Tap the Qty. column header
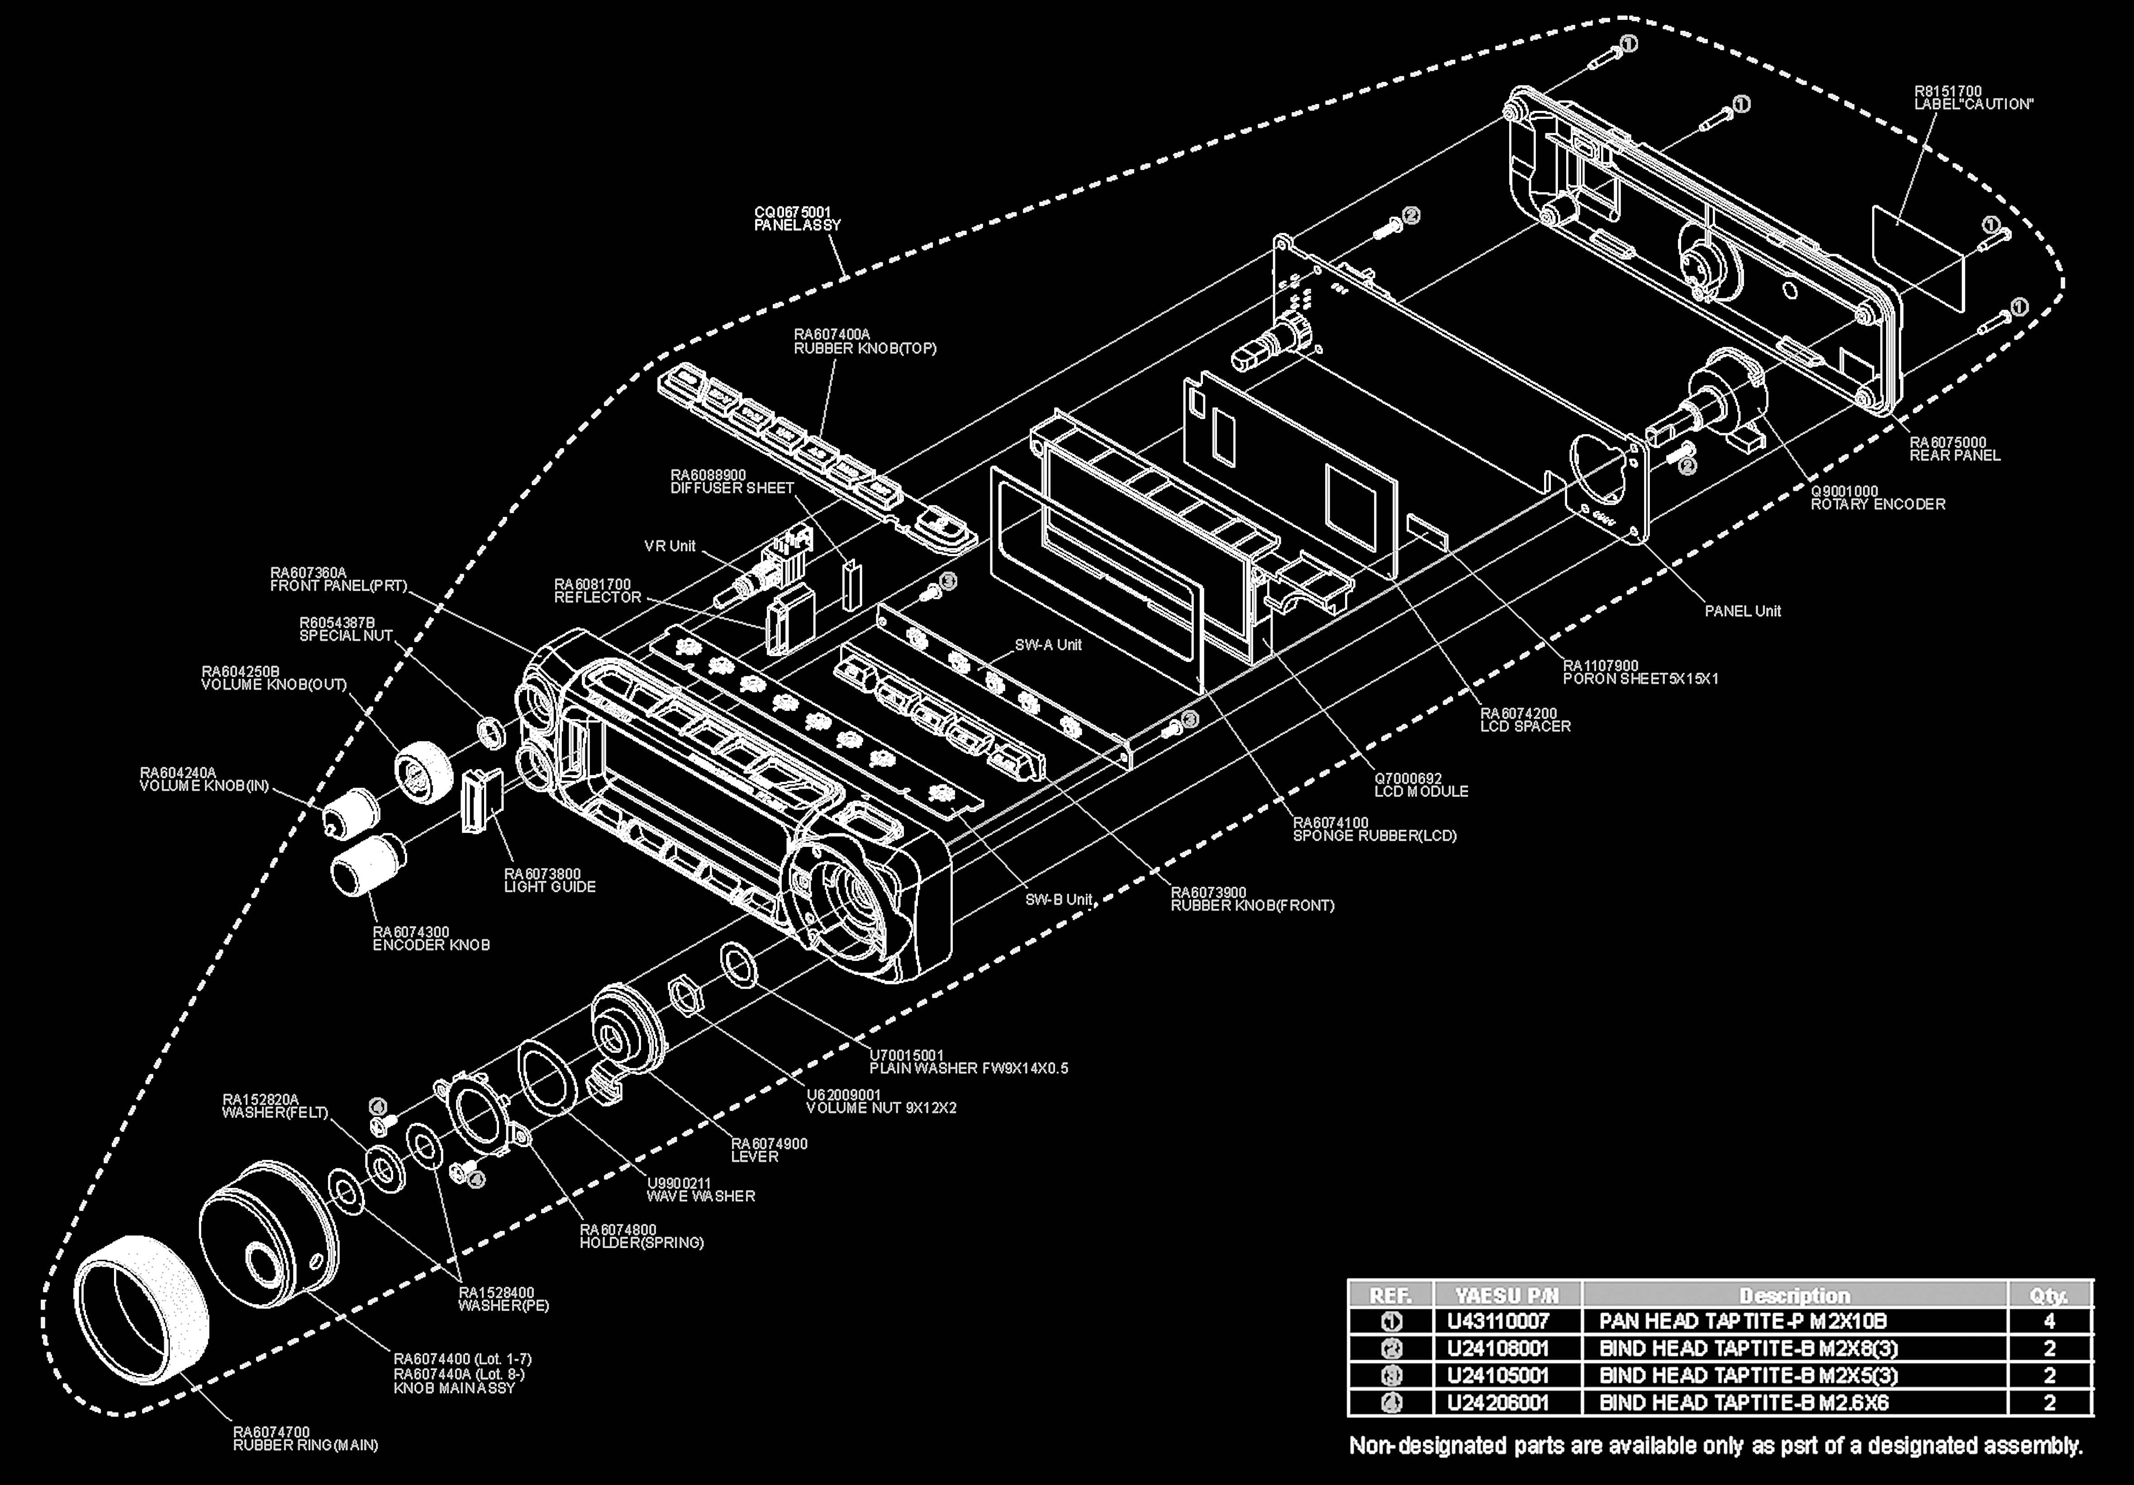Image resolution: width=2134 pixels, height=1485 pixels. pyautogui.click(x=2049, y=1295)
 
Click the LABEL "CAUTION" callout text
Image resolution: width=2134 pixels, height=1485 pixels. pyautogui.click(x=1972, y=98)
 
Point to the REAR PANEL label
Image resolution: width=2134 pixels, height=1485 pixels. pyautogui.click(x=1954, y=449)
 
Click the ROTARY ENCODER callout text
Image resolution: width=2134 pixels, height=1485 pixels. pyautogui.click(x=1877, y=498)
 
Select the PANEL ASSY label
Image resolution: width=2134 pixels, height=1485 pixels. pyautogui.click(x=798, y=218)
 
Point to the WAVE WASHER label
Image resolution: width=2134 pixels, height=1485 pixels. pyautogui.click(x=701, y=1189)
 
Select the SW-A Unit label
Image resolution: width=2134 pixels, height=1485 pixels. pyautogui.click(x=1047, y=645)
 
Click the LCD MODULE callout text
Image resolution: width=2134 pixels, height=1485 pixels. pyautogui.click(x=1421, y=785)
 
